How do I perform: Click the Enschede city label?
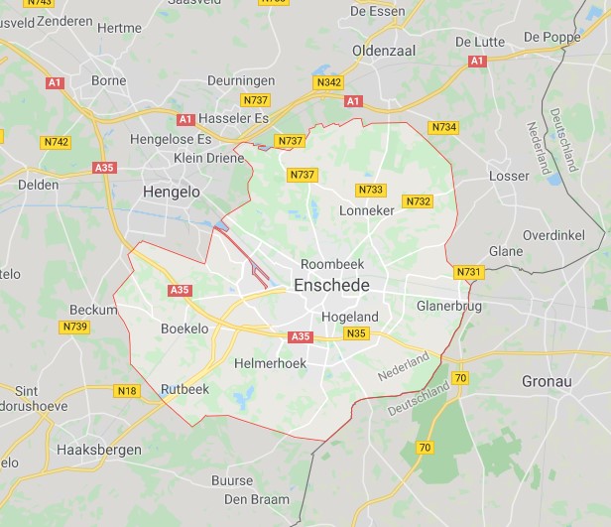coord(332,286)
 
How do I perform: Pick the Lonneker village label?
coord(367,211)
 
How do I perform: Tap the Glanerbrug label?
coord(449,306)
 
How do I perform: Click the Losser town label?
coord(510,176)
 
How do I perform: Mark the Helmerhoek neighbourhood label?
coord(270,364)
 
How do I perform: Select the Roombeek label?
coord(332,265)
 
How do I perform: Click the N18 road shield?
coord(127,391)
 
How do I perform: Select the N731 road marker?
coord(468,272)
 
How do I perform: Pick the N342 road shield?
coord(330,82)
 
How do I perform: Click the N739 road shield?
coord(74,327)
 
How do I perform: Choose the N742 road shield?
coord(56,143)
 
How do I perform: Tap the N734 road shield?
coord(443,127)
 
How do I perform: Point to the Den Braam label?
coord(257,499)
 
